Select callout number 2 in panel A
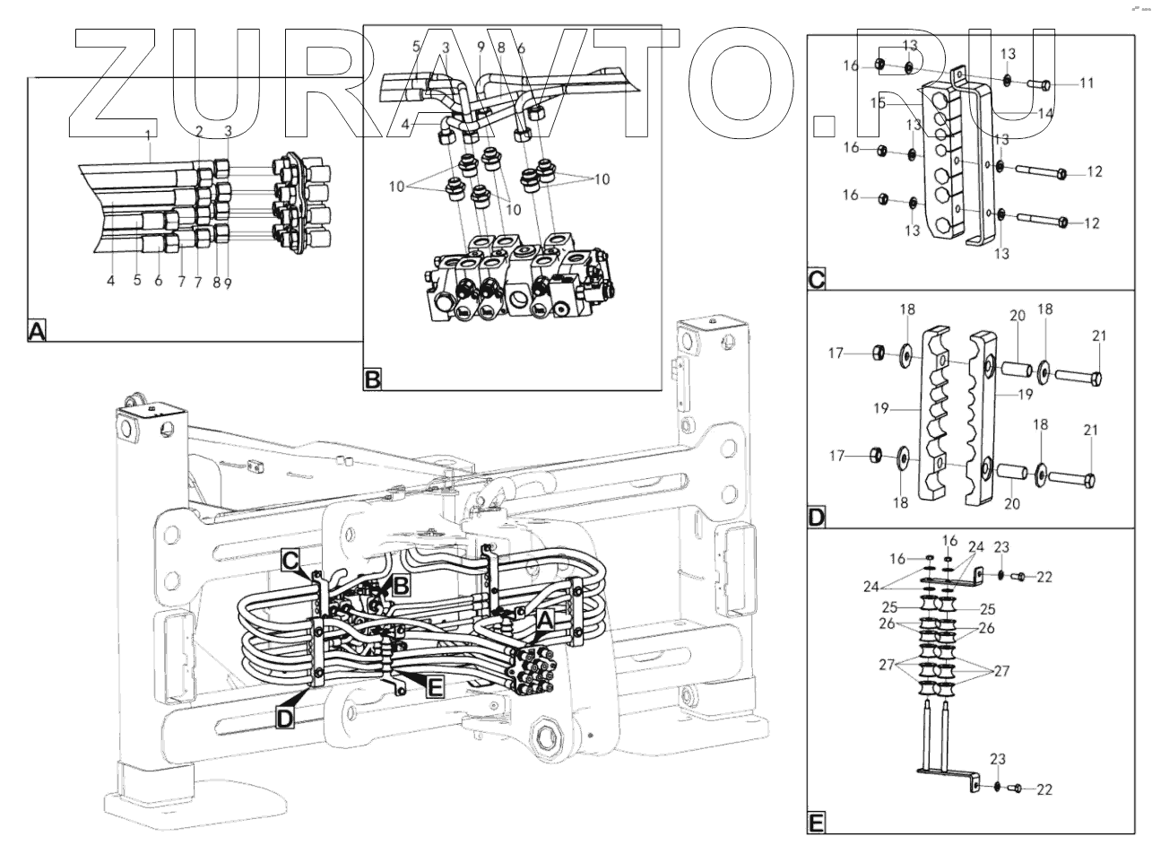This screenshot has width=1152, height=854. point(200,131)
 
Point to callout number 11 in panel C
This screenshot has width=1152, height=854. point(1087,83)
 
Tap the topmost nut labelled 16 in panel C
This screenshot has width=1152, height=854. point(879,64)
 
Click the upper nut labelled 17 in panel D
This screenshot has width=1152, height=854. point(877,354)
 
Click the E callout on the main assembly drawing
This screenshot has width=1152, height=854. point(435,687)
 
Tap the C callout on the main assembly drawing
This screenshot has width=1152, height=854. point(290,560)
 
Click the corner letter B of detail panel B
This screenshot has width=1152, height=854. point(373,380)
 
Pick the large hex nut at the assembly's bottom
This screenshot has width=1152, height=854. point(547,741)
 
